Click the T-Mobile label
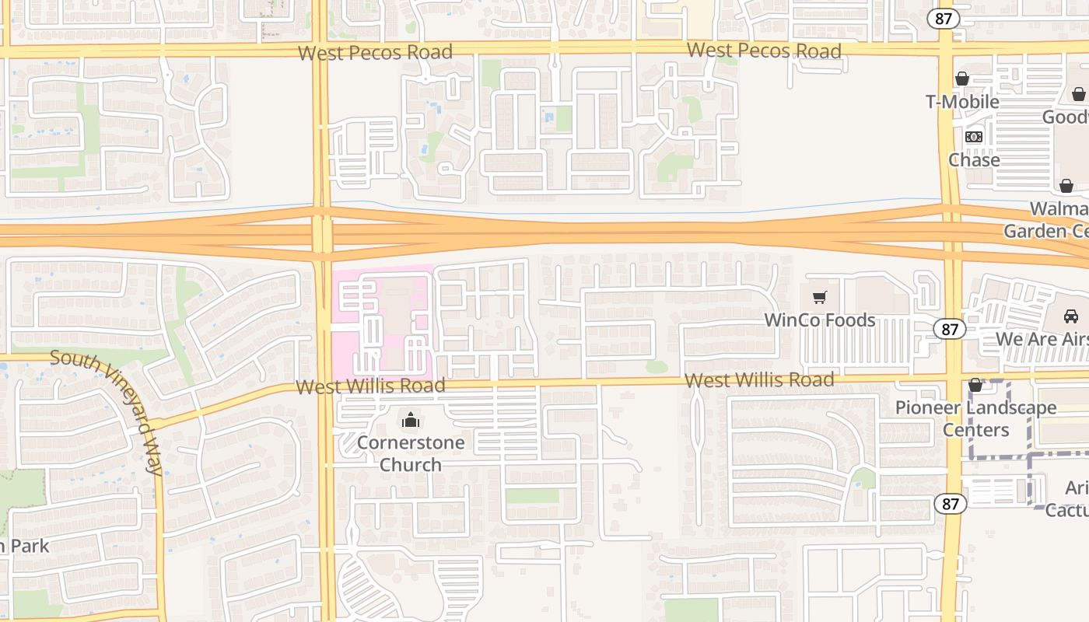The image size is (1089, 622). coord(962,102)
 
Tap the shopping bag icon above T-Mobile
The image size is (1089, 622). coord(962,79)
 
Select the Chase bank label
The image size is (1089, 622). coord(974,159)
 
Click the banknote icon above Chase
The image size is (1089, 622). coord(974,137)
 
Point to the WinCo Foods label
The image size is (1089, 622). coord(819,320)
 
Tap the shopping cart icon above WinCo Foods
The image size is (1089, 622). coord(819,298)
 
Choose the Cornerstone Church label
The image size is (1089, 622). coord(411,453)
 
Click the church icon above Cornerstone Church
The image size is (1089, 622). coord(411,421)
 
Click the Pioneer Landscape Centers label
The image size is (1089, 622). coord(975,418)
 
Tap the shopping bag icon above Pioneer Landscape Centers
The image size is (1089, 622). coord(975,385)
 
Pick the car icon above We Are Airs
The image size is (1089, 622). coord(1071,316)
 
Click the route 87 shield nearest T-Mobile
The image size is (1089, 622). coord(944,19)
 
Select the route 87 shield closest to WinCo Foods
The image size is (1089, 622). coord(950,330)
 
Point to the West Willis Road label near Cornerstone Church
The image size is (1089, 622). coord(370,386)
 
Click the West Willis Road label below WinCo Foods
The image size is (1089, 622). coord(759,380)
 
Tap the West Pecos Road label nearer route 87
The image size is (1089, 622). coord(764,51)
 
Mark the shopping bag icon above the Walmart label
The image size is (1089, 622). coord(1066,187)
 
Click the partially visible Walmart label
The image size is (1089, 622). coord(1059,209)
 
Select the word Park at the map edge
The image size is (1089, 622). coord(30,546)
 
